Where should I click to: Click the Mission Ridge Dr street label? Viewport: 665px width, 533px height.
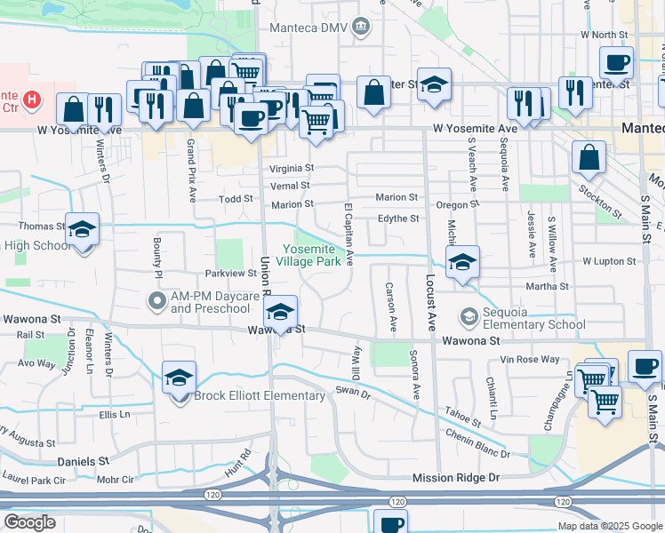coord(456,478)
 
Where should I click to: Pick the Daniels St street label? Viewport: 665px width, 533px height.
coord(82,462)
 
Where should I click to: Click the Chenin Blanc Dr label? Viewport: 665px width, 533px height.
coord(478,444)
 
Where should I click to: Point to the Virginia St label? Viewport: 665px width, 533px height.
coord(292,167)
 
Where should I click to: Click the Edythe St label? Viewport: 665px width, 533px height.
coord(398,219)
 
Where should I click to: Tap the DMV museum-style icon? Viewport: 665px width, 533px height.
coord(361,26)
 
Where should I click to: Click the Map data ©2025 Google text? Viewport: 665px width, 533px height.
coord(609,525)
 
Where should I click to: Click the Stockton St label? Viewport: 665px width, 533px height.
coord(601,202)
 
